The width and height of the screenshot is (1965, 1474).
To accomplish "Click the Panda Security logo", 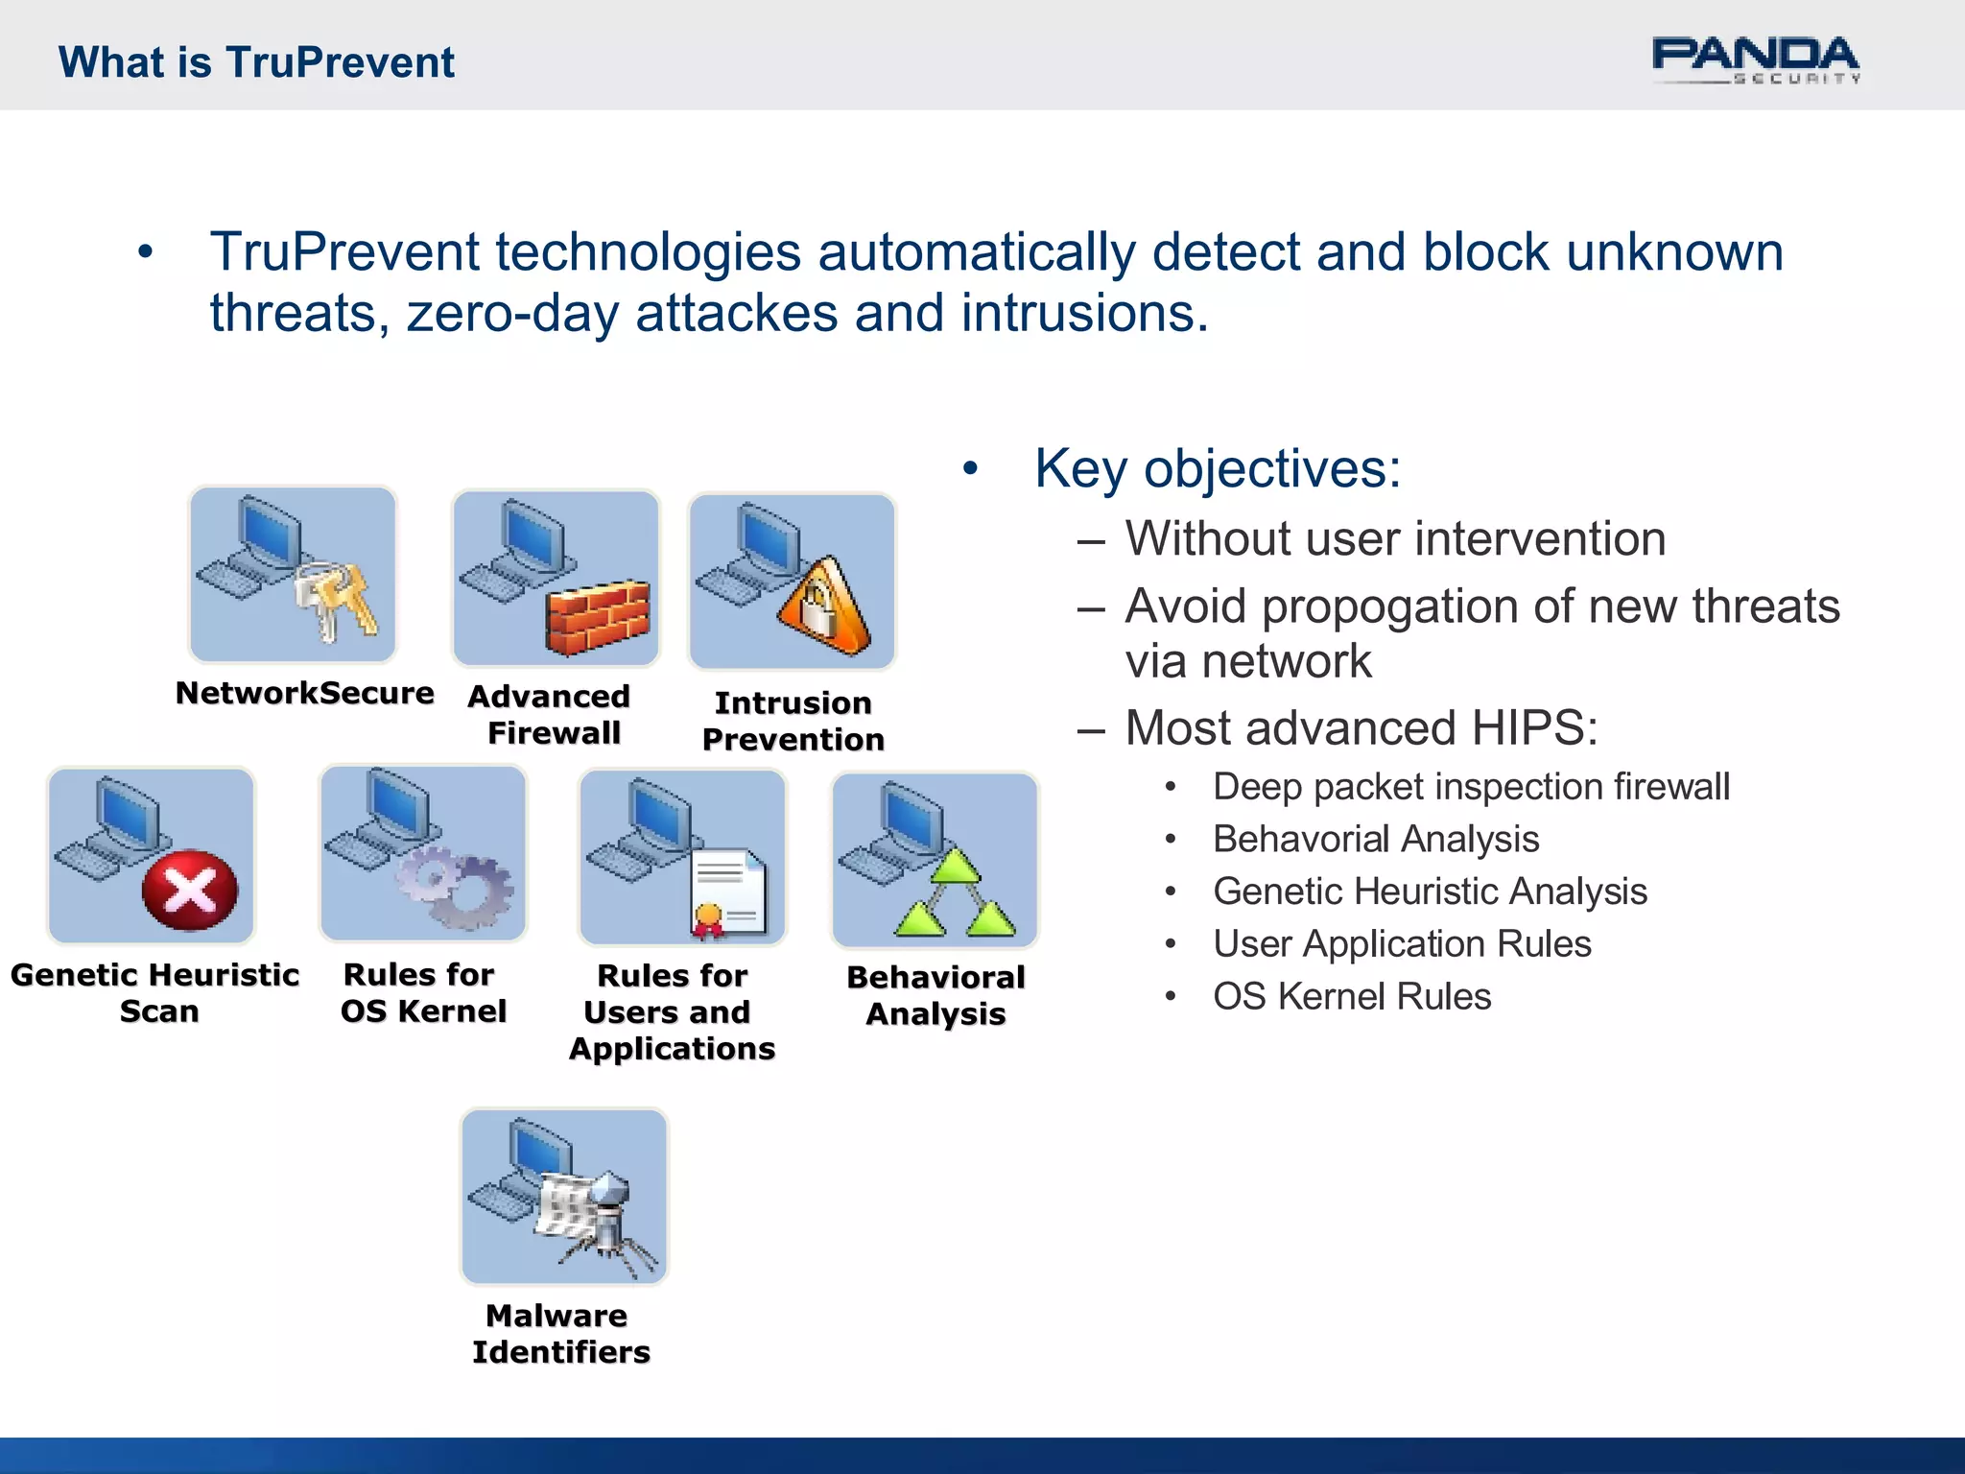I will [x=1755, y=60].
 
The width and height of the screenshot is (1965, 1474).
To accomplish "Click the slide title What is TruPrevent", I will [x=256, y=62].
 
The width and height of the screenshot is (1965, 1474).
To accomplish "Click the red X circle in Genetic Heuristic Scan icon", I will [x=190, y=891].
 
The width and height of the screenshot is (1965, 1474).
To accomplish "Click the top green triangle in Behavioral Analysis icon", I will [x=955, y=867].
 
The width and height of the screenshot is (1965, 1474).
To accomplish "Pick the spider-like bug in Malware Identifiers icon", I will [x=606, y=1219].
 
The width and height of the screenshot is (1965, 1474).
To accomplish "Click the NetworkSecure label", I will [x=305, y=693].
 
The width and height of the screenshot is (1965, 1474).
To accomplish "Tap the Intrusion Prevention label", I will [x=793, y=721].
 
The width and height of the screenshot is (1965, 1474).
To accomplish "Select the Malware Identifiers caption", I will [x=560, y=1333].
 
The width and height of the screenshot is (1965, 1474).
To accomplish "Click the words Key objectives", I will [x=1217, y=469].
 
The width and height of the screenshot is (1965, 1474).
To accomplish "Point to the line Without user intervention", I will [x=1395, y=538].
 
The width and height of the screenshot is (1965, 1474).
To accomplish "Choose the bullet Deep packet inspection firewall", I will [x=1471, y=787].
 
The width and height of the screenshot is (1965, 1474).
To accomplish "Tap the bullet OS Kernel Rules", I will [x=1352, y=996].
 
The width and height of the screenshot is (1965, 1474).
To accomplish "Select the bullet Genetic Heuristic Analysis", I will [x=1430, y=892].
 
